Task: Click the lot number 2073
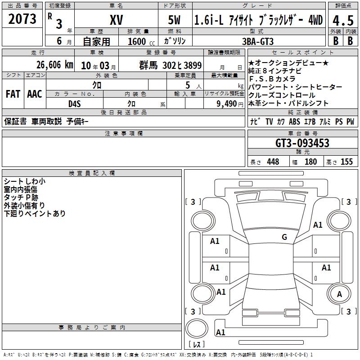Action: click(22, 19)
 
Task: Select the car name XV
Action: click(116, 20)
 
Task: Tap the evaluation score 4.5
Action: click(342, 20)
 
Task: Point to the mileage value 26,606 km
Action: click(51, 65)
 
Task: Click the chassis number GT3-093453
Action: click(302, 144)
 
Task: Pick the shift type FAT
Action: click(13, 94)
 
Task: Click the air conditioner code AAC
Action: click(34, 94)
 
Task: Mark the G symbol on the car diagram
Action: click(284, 237)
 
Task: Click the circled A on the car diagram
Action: click(339, 294)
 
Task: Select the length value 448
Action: click(273, 162)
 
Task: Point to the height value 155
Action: click(346, 162)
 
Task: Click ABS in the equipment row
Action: click(294, 122)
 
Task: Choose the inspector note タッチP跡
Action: click(21, 198)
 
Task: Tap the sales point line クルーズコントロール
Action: click(282, 95)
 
